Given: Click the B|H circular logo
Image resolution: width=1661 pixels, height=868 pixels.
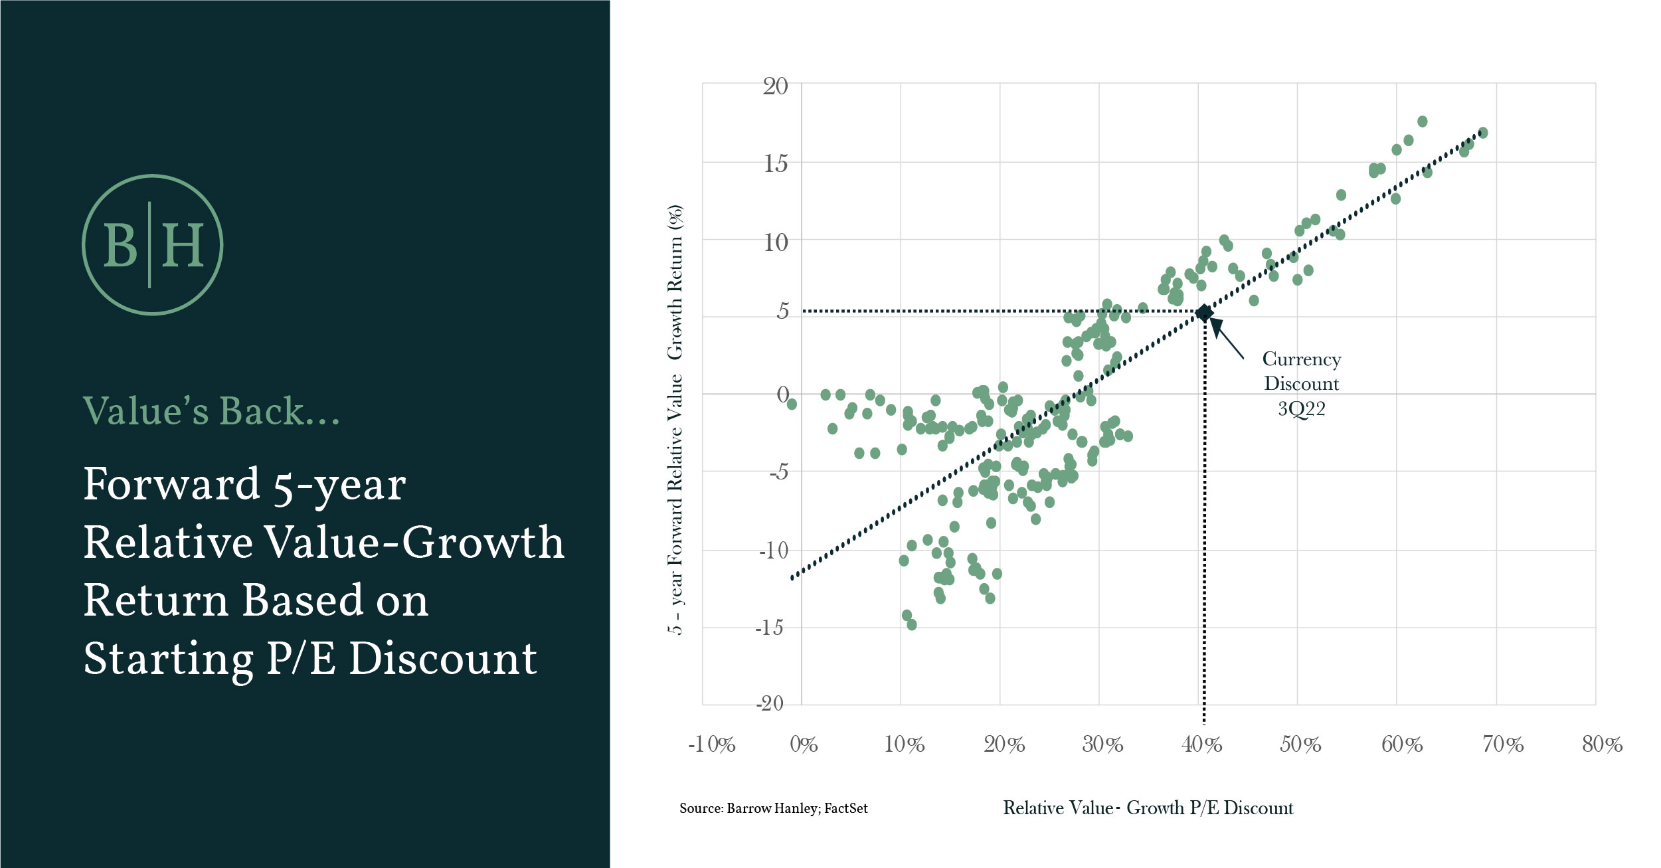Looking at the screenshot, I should point(152,244).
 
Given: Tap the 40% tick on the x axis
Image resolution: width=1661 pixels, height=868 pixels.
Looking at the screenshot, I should point(1201,744).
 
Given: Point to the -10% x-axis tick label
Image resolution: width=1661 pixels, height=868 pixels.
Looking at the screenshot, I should point(711,744).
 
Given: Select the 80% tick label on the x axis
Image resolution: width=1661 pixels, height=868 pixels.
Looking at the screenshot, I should point(1601,744).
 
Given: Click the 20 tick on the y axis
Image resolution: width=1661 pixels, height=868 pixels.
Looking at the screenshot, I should point(775,86).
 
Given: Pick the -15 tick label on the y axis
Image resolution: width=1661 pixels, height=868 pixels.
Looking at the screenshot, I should point(769,628).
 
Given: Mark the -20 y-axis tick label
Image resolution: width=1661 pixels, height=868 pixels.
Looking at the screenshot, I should point(770,703).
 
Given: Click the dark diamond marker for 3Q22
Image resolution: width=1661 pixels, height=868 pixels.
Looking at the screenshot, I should point(1204,313).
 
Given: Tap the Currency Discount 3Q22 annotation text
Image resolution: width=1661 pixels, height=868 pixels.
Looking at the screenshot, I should point(1301,384).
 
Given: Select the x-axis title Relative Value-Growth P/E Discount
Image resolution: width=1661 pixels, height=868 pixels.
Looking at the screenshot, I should point(1148,808).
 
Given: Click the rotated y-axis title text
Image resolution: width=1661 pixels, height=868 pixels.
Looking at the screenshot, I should point(675,420).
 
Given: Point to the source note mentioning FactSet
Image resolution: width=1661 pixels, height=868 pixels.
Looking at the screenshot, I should point(773,808).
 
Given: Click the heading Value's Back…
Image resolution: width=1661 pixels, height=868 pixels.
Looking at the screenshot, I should point(211,411).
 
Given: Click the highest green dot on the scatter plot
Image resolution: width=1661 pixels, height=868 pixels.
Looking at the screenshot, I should point(1422,122).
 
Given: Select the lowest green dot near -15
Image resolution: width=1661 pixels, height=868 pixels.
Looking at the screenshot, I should point(912,625).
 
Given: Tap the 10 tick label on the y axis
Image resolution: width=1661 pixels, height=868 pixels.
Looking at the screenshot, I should point(775,242).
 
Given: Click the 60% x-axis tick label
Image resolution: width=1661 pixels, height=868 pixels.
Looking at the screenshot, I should point(1401,744).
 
